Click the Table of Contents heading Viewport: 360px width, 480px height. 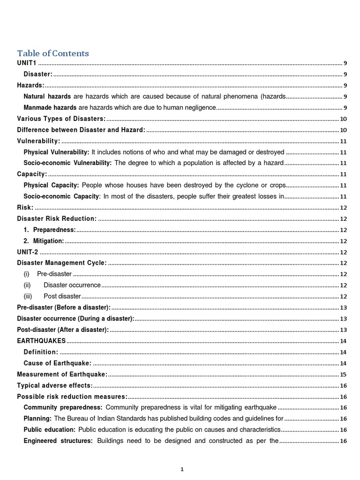pyautogui.click(x=53, y=53)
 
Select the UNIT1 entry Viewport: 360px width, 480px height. pyautogui.click(x=27, y=63)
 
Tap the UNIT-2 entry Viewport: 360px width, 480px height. pyautogui.click(x=28, y=252)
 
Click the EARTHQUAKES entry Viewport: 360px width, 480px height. pyautogui.click(x=41, y=341)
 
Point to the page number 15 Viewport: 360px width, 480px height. pyautogui.click(x=343, y=375)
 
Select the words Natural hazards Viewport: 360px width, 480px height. pyautogui.click(x=47, y=97)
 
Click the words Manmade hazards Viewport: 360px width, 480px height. pyautogui.click(x=50, y=108)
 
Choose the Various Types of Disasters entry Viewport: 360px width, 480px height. pyautogui.click(x=61, y=119)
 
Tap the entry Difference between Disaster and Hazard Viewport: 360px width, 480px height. pyautogui.click(x=81, y=130)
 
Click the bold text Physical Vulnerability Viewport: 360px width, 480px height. pyautogui.click(x=56, y=152)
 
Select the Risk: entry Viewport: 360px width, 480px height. pyautogui.click(x=25, y=208)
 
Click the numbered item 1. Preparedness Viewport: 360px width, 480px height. pyautogui.click(x=50, y=230)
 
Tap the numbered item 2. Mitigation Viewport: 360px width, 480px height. pyautogui.click(x=44, y=241)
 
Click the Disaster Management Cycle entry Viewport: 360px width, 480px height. pyautogui.click(x=62, y=263)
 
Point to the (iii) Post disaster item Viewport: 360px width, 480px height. pyautogui.click(x=52, y=296)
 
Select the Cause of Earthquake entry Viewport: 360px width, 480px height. pyautogui.click(x=58, y=363)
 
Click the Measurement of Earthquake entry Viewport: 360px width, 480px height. pyautogui.click(x=62, y=374)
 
